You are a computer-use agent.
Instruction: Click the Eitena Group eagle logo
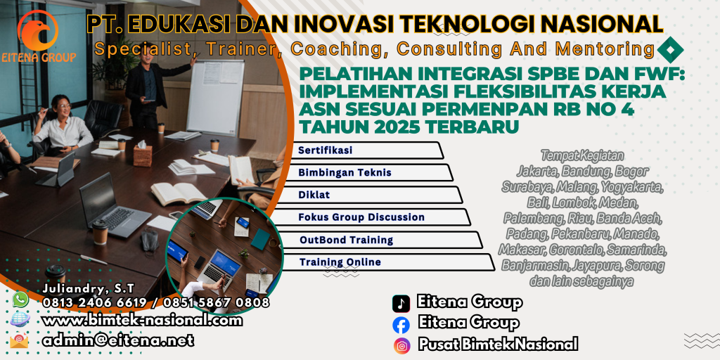point(38,30)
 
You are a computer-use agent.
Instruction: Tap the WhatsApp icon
point(20,300)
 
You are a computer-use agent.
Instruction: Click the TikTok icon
point(401,304)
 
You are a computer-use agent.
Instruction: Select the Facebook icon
point(401,324)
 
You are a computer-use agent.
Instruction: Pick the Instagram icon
point(401,345)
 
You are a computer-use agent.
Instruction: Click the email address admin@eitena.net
point(117,340)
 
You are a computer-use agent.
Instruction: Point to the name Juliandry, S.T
point(88,289)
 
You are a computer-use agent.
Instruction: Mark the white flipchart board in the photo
point(215,95)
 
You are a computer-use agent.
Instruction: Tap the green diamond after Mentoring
point(671,49)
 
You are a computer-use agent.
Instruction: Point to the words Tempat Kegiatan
point(582,155)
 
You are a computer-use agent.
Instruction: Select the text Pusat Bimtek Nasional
point(498,345)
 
